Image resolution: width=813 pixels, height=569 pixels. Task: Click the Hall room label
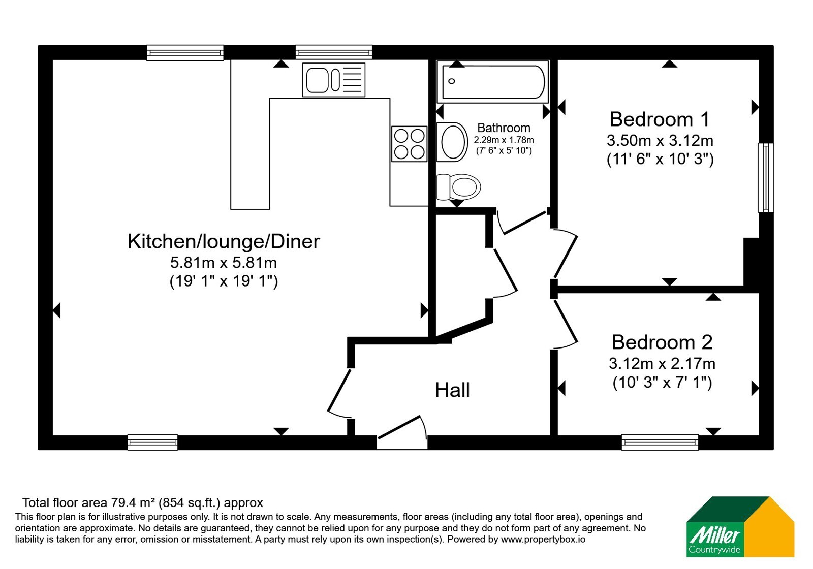pos(452,390)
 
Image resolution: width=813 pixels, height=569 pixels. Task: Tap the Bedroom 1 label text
pos(660,119)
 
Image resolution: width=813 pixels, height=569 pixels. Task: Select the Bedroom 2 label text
pos(662,342)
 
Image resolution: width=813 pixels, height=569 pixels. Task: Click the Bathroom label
pos(504,128)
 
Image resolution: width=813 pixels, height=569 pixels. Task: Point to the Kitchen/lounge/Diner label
pos(224,241)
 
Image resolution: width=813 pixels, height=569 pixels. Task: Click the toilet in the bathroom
pos(458,187)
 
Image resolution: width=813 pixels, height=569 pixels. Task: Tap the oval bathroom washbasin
pos(452,142)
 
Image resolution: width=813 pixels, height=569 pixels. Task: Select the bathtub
pos(492,82)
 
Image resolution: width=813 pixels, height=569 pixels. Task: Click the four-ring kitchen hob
pos(409,144)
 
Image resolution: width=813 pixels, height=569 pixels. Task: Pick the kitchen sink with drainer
pos(333,80)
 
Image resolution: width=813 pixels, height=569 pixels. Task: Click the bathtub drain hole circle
pos(452,81)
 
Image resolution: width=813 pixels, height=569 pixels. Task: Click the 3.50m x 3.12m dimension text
pos(660,140)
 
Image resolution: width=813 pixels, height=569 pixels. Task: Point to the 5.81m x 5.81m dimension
pos(224,262)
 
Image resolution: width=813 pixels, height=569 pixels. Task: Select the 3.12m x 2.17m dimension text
pos(662,363)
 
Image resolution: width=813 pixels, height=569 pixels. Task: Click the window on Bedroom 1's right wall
pos(765,177)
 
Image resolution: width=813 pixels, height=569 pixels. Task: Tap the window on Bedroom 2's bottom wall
pos(660,442)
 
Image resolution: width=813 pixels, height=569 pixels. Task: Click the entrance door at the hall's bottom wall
pos(402,432)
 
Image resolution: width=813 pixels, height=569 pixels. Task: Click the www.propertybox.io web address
pos(543,539)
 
